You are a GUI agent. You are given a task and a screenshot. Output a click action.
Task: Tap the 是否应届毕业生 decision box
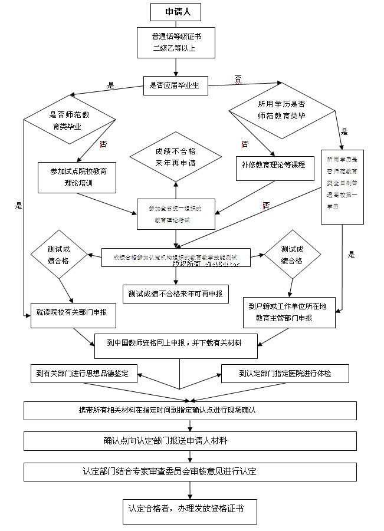click(175, 85)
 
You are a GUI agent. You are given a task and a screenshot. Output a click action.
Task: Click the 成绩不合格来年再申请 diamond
click(175, 156)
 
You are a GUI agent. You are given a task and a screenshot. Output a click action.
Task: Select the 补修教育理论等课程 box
click(274, 166)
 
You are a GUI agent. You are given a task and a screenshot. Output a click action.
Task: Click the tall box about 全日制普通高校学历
click(342, 186)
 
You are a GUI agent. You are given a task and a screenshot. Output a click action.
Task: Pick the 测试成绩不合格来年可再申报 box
click(176, 293)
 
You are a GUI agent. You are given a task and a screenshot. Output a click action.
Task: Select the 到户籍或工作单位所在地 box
click(289, 312)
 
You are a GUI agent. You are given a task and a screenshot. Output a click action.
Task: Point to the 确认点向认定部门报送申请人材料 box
click(190, 441)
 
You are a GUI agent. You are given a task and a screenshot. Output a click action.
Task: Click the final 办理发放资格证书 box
click(190, 509)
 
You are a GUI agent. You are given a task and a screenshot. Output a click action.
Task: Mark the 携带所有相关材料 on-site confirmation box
click(190, 410)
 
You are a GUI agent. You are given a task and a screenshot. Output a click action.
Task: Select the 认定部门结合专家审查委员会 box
click(190, 472)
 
